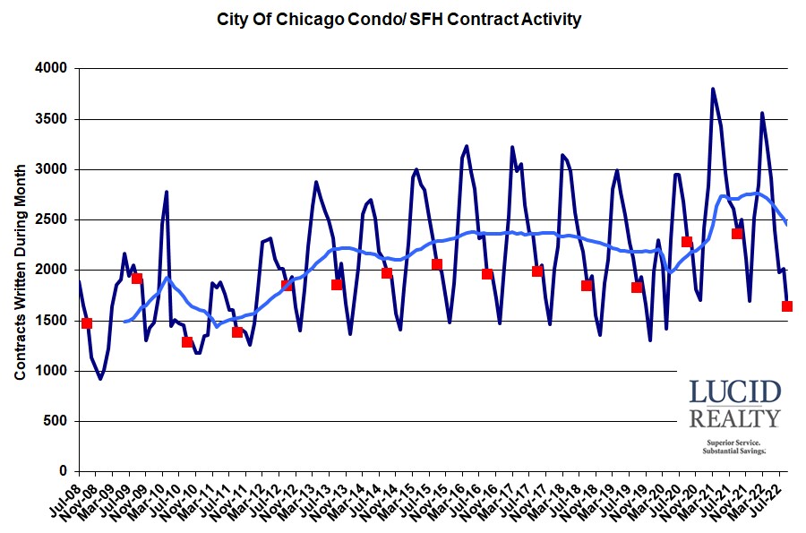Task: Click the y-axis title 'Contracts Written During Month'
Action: click(20, 269)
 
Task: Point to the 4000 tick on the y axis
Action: click(51, 68)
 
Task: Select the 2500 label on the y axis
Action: click(51, 219)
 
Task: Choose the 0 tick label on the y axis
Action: click(64, 471)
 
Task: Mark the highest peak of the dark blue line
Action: click(713, 89)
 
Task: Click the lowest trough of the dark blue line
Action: click(100, 378)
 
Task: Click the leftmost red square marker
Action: click(87, 323)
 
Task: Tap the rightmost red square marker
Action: click(787, 306)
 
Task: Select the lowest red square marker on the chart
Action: click(187, 342)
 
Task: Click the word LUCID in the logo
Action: click(734, 392)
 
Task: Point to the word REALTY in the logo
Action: click(734, 417)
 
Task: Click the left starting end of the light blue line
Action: click(124, 321)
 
